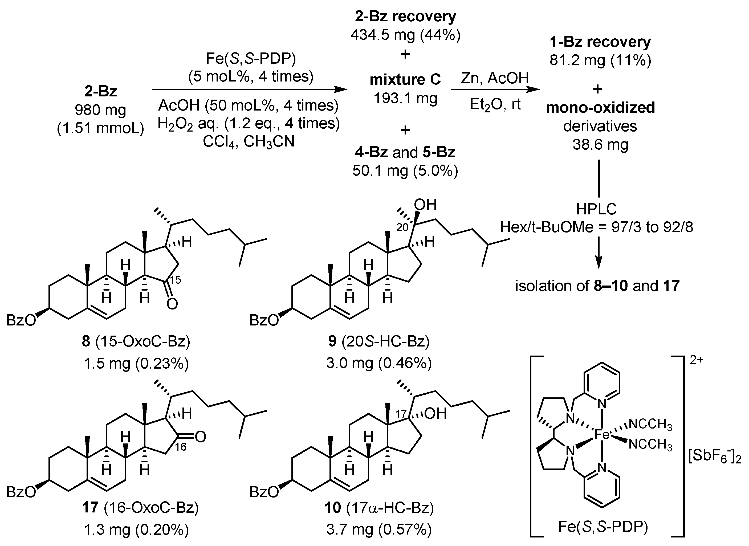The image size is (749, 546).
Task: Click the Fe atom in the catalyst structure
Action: click(602, 435)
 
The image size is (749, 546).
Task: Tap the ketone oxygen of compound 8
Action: click(172, 304)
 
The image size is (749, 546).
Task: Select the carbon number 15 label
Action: click(175, 280)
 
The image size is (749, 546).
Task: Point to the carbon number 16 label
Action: click(181, 447)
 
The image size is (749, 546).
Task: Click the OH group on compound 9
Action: click(425, 205)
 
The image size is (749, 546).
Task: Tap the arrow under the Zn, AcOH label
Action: click(495, 89)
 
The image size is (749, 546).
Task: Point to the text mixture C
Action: click(405, 80)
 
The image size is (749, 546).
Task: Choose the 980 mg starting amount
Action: click(100, 110)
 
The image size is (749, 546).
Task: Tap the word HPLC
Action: click(596, 209)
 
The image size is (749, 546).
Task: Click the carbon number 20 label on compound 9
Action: click(402, 228)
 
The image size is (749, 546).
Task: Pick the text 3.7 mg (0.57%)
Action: click(379, 529)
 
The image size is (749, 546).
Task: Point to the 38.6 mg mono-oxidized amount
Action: click(600, 144)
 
